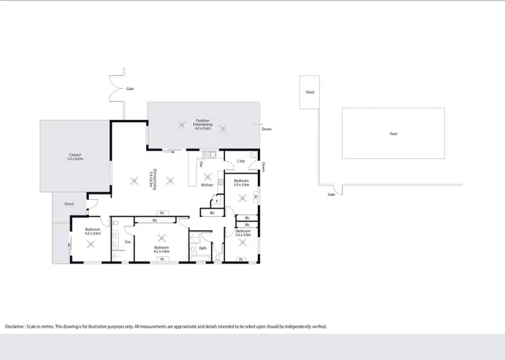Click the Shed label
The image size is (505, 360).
click(310, 92)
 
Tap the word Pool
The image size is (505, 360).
click(393, 134)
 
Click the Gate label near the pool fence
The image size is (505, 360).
click(331, 194)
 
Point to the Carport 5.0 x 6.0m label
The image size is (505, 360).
click(75, 157)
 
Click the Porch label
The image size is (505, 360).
click(69, 204)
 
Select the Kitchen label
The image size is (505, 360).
click(207, 185)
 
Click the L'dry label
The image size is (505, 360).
click(240, 161)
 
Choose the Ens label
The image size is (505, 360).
click(127, 241)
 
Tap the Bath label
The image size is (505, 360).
click(203, 248)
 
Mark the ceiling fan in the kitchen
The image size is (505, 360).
click(207, 177)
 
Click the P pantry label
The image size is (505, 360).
click(217, 201)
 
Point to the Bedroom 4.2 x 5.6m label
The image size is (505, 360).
click(161, 249)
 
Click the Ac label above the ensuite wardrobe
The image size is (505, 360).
click(162, 213)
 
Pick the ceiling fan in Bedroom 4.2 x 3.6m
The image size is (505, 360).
click(93, 244)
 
